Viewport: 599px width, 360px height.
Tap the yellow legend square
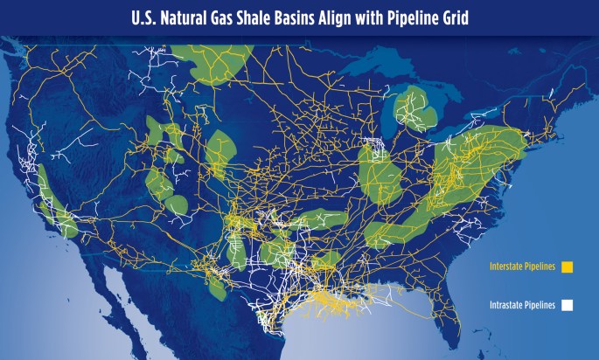click(567, 267)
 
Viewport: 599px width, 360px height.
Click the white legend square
click(567, 305)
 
